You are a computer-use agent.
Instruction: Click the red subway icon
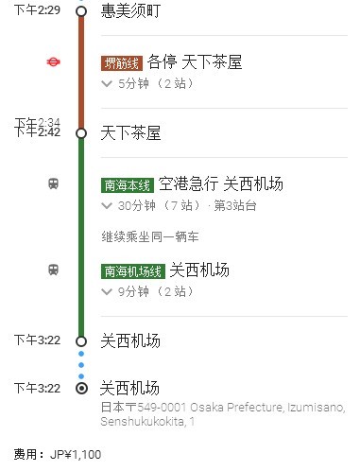54,62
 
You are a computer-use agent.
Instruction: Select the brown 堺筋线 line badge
121,63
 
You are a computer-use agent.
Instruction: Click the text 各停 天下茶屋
196,63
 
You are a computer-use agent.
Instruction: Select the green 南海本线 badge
127,184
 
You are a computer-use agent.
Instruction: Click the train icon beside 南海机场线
54,270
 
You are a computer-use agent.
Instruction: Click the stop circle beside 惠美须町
81,11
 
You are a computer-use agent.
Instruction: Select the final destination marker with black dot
81,388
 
